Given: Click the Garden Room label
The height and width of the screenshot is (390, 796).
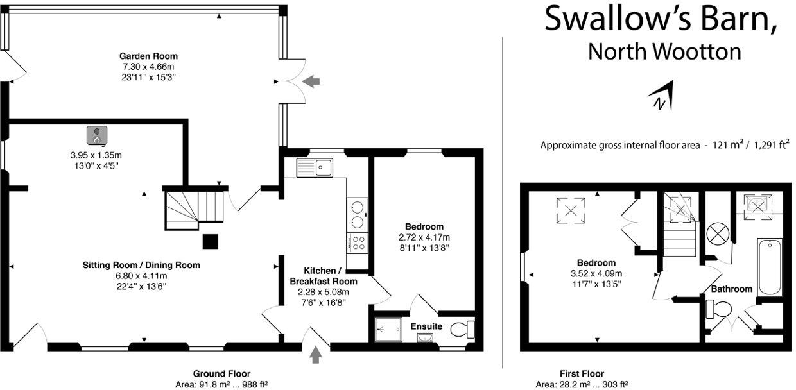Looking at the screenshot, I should [x=148, y=56].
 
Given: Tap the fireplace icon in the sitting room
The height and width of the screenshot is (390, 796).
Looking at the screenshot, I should [x=96, y=135].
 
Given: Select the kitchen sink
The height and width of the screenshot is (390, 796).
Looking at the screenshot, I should [x=314, y=168].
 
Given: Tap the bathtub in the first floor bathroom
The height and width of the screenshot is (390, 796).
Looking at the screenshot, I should [x=769, y=267].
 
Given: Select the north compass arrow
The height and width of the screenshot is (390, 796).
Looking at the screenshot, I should [x=662, y=96].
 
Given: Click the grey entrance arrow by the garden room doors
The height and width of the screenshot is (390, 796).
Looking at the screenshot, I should [x=311, y=81].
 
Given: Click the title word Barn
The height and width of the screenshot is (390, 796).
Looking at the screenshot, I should [x=725, y=19].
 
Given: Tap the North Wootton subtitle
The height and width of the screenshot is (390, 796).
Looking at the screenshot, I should [x=664, y=51].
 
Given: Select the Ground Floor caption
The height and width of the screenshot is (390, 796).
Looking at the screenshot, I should [x=221, y=373].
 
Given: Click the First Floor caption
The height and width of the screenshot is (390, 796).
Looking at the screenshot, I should [x=582, y=373].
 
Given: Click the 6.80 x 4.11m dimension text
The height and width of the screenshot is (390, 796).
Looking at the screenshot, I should [x=141, y=276].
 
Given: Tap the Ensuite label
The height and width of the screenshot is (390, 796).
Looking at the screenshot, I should [x=427, y=326].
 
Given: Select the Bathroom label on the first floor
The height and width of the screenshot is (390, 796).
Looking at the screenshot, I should [x=731, y=289].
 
